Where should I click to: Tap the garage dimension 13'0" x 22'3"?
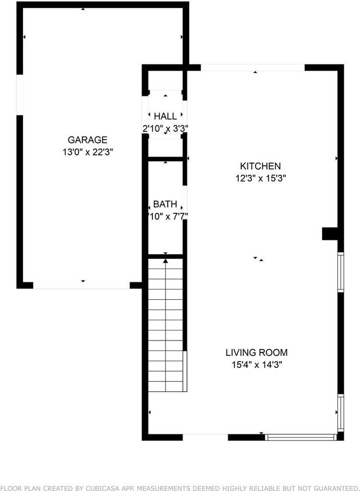click(x=87, y=152)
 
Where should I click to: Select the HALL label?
click(x=165, y=117)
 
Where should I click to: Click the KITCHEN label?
click(x=260, y=166)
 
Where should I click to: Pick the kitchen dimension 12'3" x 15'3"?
click(x=260, y=178)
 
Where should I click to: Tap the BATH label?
click(x=165, y=204)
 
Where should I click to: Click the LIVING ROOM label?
click(x=257, y=352)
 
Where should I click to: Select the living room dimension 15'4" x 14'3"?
click(x=257, y=365)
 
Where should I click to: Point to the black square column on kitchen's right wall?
click(x=331, y=234)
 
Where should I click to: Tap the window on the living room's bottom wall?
click(x=301, y=437)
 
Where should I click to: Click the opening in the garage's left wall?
click(x=20, y=95)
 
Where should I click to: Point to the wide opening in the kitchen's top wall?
click(x=253, y=68)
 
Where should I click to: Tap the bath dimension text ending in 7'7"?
click(x=165, y=216)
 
